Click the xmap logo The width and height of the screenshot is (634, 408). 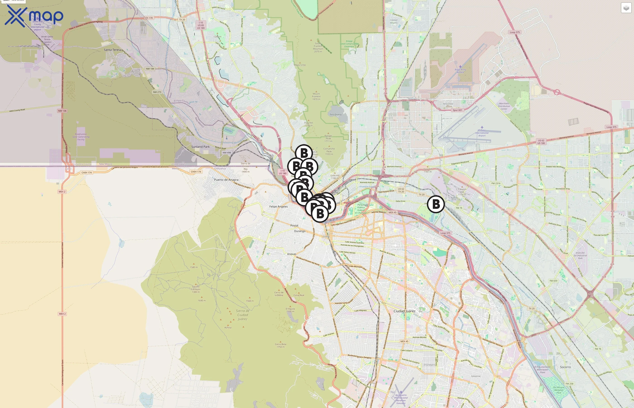tap(34, 16)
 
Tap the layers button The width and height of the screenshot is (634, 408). tap(626, 8)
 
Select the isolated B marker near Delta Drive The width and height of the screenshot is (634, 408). tap(436, 204)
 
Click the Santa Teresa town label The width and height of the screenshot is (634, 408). tap(113, 50)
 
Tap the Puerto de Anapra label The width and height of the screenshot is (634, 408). tap(226, 180)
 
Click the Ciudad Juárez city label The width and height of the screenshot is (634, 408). tap(404, 311)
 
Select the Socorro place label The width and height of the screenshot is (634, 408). tap(565, 367)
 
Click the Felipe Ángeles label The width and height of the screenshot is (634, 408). tap(278, 207)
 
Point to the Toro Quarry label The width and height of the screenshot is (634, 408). tap(335, 115)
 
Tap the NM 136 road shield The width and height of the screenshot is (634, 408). tap(62, 111)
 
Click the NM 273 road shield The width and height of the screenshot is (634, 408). tap(157, 92)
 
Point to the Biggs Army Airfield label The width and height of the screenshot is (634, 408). tap(460, 71)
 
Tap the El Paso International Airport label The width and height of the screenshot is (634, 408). tap(482, 133)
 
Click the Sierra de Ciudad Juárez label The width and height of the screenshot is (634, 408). tap(242, 315)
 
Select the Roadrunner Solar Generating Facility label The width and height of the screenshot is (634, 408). tap(81, 137)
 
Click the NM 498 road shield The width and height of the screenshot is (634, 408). tap(226, 153)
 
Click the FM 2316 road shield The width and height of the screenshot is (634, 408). tap(496, 183)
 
